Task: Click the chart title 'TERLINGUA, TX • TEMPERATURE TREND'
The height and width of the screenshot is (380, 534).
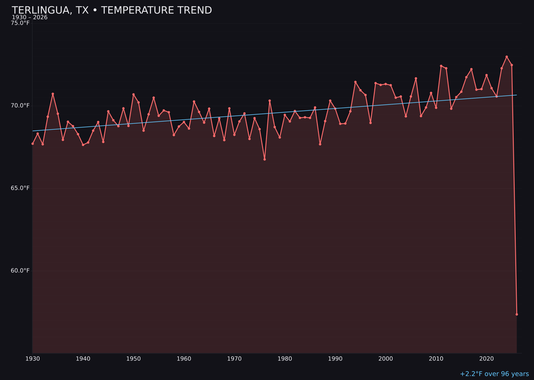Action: [x=112, y=10]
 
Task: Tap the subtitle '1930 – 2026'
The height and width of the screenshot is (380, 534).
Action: [x=30, y=18]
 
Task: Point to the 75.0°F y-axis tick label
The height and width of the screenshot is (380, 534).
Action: [x=20, y=23]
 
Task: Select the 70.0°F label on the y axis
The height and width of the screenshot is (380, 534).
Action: [x=20, y=105]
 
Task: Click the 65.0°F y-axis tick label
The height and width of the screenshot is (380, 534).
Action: [x=20, y=188]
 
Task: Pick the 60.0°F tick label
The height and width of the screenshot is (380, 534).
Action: [x=20, y=271]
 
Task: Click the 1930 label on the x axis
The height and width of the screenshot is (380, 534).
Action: [x=33, y=359]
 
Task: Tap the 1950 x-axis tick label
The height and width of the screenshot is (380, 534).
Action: [x=133, y=359]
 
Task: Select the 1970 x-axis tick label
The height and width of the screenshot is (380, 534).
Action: [x=234, y=359]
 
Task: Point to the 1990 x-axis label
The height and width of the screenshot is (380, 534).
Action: [x=335, y=359]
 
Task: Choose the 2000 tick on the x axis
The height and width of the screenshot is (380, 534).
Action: [x=386, y=359]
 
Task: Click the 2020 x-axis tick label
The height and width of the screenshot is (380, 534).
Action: [x=487, y=359]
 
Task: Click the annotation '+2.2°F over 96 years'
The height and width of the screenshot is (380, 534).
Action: [x=494, y=374]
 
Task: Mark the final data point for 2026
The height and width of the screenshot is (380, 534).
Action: [x=517, y=314]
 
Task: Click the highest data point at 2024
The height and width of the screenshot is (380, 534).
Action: [x=507, y=57]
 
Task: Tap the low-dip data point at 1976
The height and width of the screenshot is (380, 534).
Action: [x=265, y=159]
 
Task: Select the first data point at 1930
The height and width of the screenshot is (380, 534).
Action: [x=33, y=143]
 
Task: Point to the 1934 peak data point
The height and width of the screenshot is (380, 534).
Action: [x=53, y=94]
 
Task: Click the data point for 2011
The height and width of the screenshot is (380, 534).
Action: [x=441, y=66]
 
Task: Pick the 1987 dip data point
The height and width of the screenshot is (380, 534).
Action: [x=320, y=144]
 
